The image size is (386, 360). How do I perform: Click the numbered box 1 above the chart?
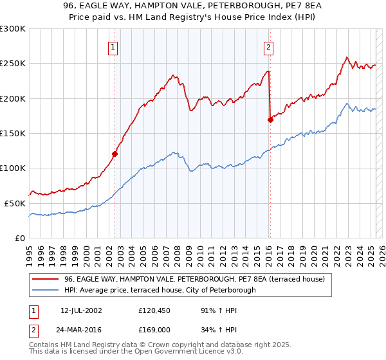[x=113, y=46]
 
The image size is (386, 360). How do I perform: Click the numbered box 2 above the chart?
[x=268, y=46]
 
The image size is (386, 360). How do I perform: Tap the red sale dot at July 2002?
[x=115, y=154]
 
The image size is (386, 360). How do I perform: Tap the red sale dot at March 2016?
[x=270, y=120]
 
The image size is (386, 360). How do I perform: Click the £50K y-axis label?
[x=15, y=203]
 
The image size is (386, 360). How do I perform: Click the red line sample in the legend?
[x=46, y=280]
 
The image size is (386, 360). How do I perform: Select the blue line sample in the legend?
[x=46, y=290]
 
